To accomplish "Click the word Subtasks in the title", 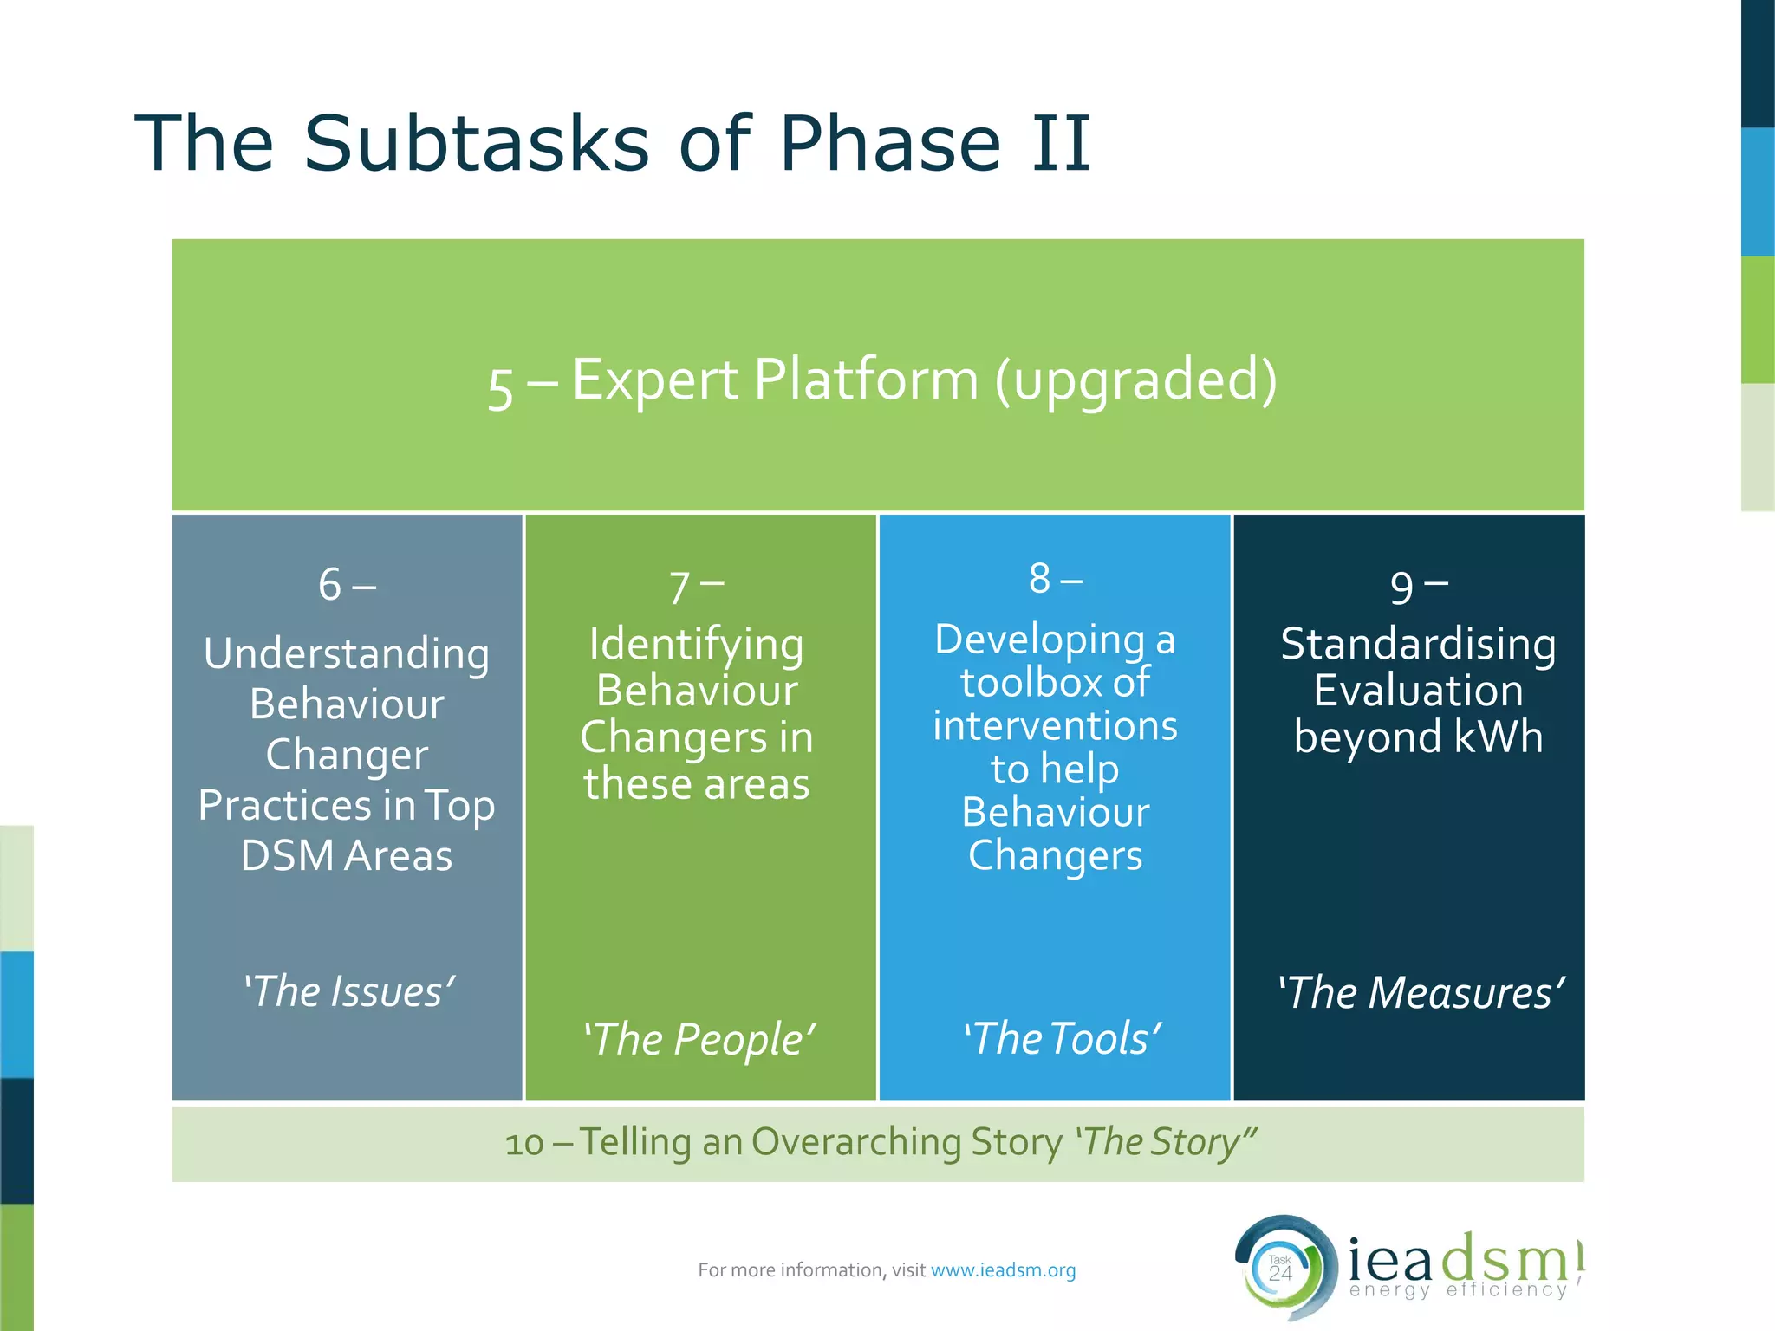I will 476,143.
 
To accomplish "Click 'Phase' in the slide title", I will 890,143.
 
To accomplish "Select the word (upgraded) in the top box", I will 1135,381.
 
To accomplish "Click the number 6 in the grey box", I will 329,585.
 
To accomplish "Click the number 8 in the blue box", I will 1039,579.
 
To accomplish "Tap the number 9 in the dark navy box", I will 1401,588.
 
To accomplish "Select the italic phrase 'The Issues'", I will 348,991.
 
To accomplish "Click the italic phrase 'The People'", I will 699,1039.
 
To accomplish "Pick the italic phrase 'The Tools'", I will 1062,1038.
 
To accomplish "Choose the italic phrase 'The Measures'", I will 1421,992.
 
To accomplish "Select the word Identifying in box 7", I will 696,646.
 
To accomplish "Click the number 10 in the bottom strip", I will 523,1144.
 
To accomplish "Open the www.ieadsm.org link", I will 1003,1270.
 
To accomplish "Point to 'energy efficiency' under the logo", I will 1458,1290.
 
